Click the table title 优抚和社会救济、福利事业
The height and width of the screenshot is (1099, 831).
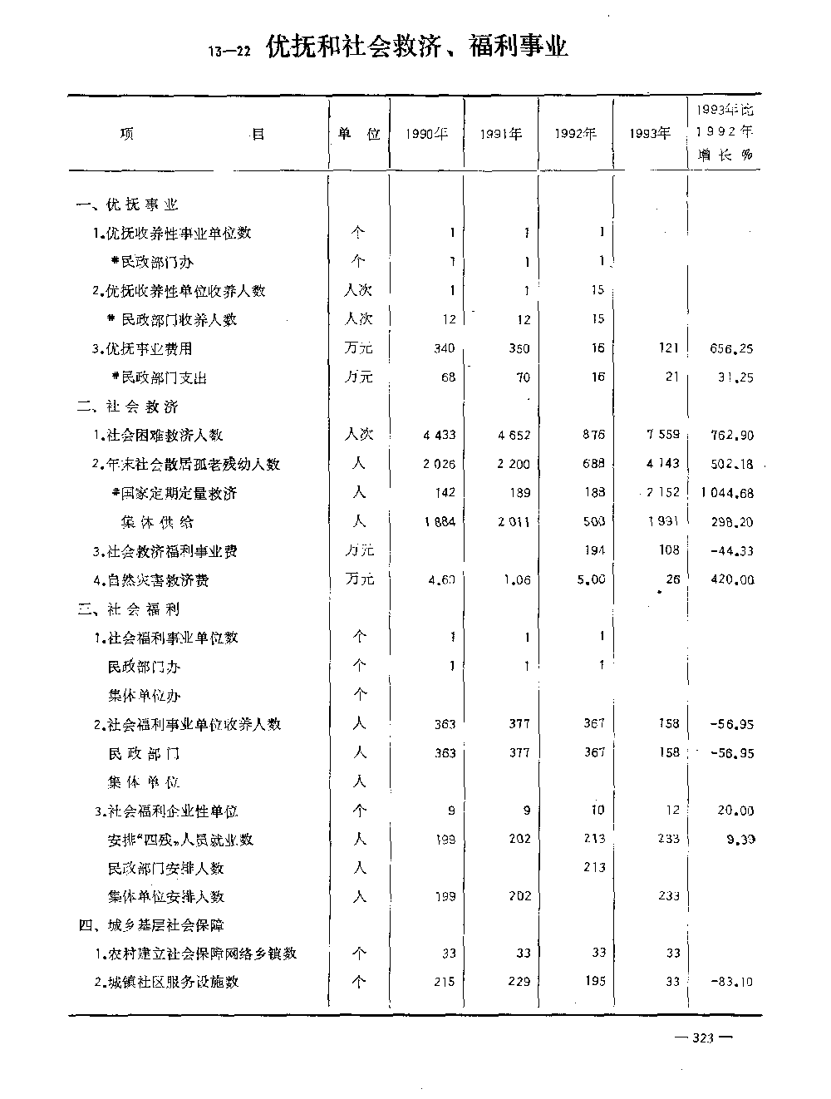click(x=417, y=47)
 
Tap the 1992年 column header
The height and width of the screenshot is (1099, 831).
click(x=576, y=134)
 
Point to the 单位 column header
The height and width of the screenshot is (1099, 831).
click(x=359, y=134)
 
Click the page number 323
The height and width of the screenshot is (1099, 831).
click(x=703, y=1037)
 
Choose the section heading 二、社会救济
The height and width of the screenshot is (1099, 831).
click(x=128, y=407)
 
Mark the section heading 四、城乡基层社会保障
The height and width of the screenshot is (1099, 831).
click(x=151, y=924)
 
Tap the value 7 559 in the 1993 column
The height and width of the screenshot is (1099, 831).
click(x=662, y=435)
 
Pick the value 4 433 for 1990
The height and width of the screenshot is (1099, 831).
click(x=439, y=435)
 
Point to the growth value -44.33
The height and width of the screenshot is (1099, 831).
click(x=732, y=550)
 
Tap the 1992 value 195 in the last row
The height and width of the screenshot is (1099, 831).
click(x=594, y=981)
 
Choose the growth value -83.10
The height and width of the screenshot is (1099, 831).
click(x=732, y=982)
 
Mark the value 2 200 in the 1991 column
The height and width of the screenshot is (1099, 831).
click(x=514, y=464)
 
